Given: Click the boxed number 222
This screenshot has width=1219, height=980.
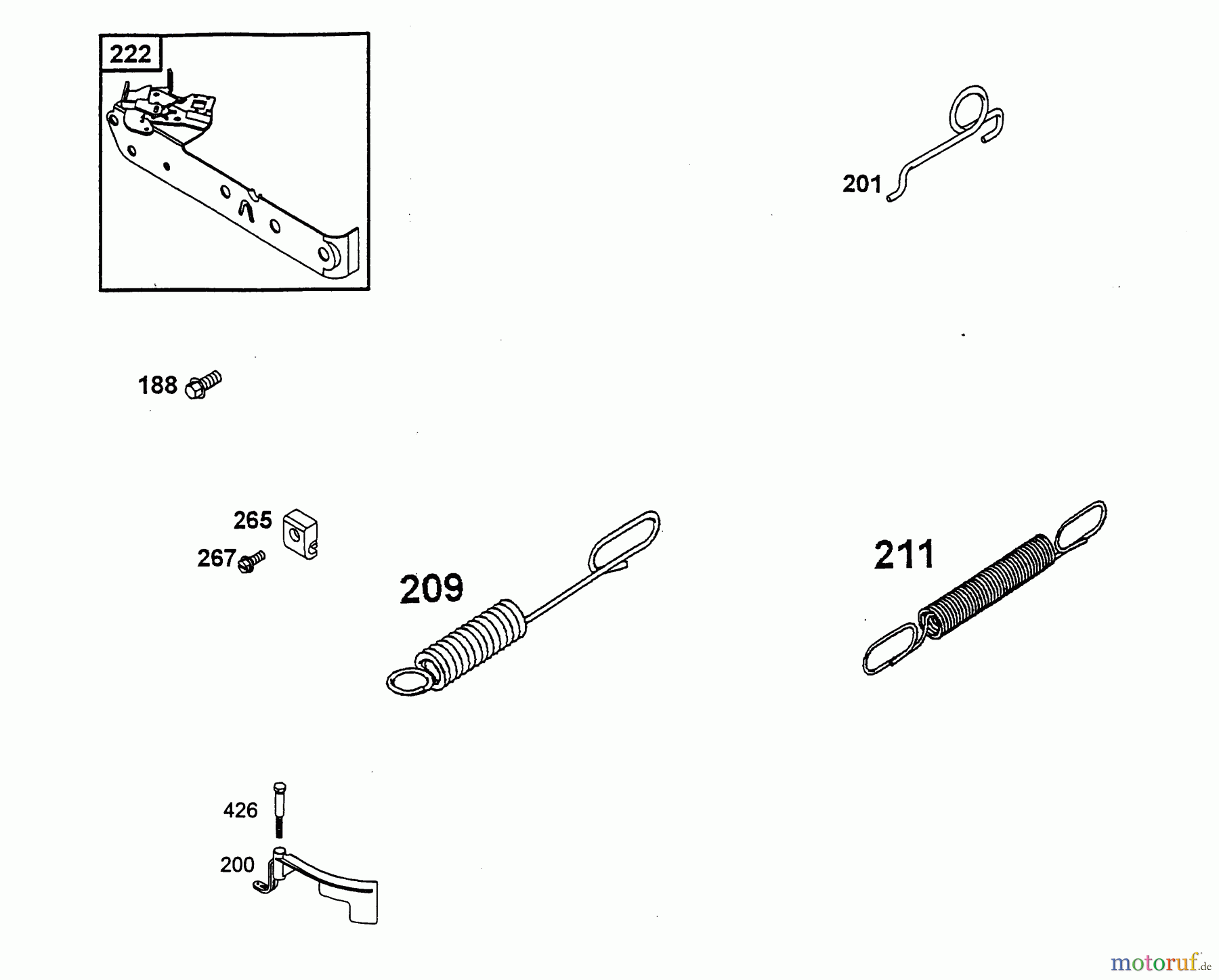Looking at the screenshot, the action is tap(130, 53).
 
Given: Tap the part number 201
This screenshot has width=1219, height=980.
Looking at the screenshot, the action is tap(861, 184).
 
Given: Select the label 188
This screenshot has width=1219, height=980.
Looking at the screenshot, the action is tap(157, 385).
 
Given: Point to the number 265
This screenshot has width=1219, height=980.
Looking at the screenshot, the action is tap(253, 520).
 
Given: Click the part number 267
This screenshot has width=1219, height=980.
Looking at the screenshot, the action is tap(216, 558).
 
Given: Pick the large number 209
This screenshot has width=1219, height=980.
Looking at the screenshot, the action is tap(431, 588).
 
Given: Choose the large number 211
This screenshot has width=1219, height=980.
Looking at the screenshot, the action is tap(904, 555).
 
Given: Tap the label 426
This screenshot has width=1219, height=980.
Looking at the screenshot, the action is tap(240, 810).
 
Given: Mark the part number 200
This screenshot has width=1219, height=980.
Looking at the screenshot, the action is tap(237, 865).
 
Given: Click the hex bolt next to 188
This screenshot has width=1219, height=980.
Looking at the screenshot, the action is tap(203, 384).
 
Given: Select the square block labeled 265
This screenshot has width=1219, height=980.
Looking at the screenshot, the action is tap(301, 534).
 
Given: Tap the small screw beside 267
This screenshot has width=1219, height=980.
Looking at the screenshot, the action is tap(252, 562).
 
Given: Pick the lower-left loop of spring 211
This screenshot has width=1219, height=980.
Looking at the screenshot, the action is tap(891, 649).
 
